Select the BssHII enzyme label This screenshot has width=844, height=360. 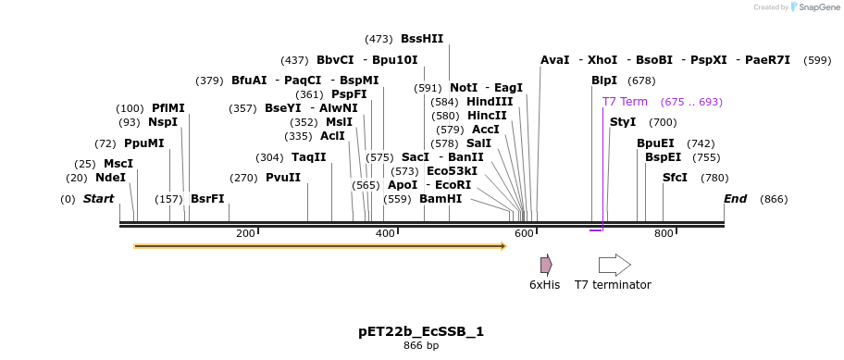tap(421, 39)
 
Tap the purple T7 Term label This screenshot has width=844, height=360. tap(625, 102)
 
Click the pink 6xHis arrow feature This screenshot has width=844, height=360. tap(546, 265)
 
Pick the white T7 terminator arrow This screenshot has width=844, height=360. tap(614, 265)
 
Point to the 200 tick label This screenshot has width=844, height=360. tap(245, 234)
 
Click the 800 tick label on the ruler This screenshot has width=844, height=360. tap(664, 234)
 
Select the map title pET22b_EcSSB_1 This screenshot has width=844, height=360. tap(421, 331)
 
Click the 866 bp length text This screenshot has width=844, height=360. tap(421, 346)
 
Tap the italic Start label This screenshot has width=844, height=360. tap(98, 199)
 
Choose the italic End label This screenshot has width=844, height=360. tap(735, 199)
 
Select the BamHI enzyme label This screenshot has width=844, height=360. tap(440, 199)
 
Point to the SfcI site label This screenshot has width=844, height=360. tap(675, 178)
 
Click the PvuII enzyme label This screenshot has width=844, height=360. tap(282, 178)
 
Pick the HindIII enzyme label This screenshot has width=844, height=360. tap(489, 102)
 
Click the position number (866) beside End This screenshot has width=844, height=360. tap(774, 199)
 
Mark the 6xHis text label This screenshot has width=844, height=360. tap(544, 285)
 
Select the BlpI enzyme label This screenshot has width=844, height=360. tap(603, 81)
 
